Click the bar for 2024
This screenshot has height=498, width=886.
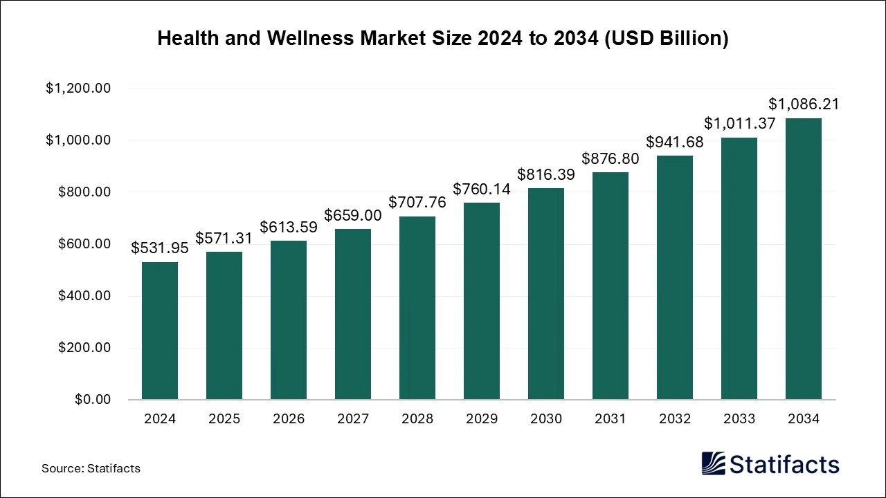click(x=160, y=331)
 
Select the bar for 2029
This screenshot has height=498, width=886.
click(x=482, y=301)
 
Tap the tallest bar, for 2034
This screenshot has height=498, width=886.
click(x=804, y=259)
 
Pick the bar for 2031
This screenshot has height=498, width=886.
click(x=611, y=286)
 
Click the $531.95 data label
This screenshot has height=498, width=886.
click(x=160, y=248)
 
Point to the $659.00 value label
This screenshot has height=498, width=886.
click(x=353, y=215)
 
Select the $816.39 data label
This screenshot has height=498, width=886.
click(x=546, y=174)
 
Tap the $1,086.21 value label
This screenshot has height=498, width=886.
click(x=804, y=104)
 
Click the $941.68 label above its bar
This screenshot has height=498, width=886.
click(x=675, y=142)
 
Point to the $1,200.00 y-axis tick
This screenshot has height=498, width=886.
click(x=78, y=89)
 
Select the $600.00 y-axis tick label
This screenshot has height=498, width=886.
click(x=84, y=244)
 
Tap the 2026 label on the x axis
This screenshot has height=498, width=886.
click(x=289, y=419)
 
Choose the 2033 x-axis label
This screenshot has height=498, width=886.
click(x=739, y=419)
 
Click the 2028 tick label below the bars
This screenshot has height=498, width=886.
click(x=417, y=419)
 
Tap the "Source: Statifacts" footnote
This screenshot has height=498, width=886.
click(x=91, y=468)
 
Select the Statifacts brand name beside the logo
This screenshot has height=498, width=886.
click(x=784, y=464)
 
